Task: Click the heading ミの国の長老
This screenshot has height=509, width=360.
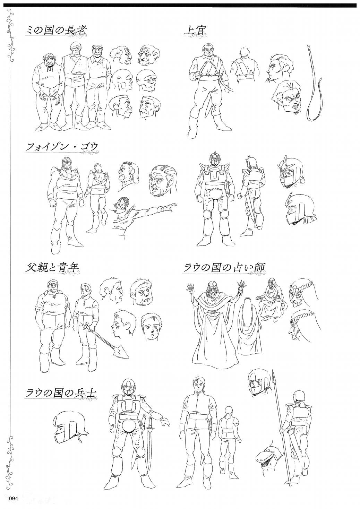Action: [x=55, y=31]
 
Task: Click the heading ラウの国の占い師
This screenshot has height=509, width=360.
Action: [x=224, y=268]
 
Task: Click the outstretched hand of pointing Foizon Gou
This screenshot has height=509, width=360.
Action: [x=172, y=206]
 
